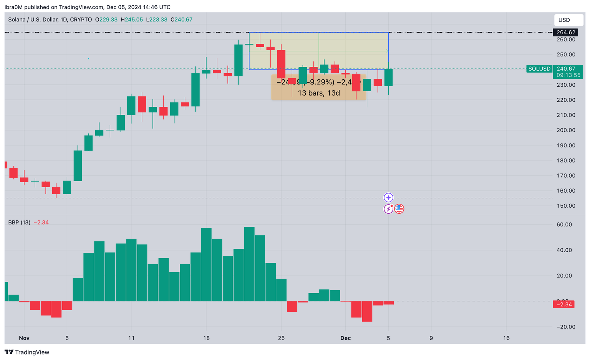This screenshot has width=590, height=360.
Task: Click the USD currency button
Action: tap(564, 20)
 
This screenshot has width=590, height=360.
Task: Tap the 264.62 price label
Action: tap(566, 33)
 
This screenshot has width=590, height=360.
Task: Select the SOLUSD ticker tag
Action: tap(539, 69)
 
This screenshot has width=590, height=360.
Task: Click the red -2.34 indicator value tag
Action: tap(563, 305)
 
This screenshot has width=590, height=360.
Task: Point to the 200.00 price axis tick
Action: tap(566, 130)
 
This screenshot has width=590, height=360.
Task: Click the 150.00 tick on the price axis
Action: tap(566, 206)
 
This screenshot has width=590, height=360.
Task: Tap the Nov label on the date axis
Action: tap(24, 338)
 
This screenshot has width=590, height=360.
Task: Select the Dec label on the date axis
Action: tap(345, 338)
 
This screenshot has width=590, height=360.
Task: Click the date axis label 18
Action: tap(206, 338)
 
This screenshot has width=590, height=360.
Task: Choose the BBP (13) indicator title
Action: tap(19, 223)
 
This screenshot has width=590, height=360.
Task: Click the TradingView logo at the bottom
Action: tap(27, 352)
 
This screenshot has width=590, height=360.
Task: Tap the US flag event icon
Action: tap(399, 209)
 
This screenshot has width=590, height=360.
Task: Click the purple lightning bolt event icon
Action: tap(388, 209)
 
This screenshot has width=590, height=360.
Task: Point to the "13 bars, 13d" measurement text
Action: tap(318, 93)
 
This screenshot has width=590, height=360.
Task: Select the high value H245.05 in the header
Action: tap(131, 20)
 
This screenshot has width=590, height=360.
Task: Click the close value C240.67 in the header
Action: tap(181, 20)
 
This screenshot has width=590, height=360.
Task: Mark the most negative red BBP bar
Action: tap(367, 311)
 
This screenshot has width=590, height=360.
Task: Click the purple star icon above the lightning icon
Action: tap(388, 198)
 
